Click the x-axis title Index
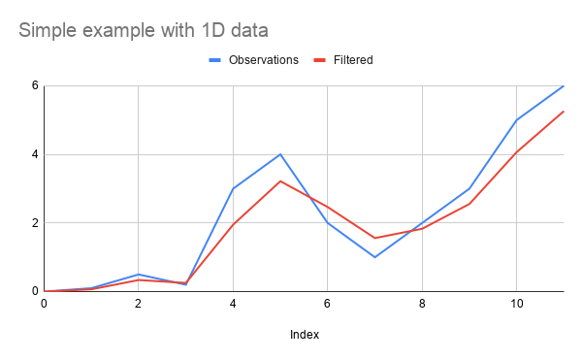click(x=305, y=335)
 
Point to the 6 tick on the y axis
click(x=33, y=85)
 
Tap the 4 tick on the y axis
click(x=33, y=154)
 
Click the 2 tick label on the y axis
click(x=33, y=223)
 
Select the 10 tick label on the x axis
click(x=516, y=304)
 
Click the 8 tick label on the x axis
click(x=422, y=304)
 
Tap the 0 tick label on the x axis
click(x=44, y=304)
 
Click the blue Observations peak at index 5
click(x=280, y=154)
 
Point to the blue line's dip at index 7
click(x=374, y=257)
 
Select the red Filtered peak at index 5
click(x=280, y=181)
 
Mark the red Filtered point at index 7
click(x=374, y=238)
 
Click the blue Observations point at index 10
click(x=516, y=120)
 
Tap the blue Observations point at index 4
click(x=233, y=188)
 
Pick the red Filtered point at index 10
click(x=516, y=151)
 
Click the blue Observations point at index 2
click(x=139, y=275)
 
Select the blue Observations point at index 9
click(x=469, y=188)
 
